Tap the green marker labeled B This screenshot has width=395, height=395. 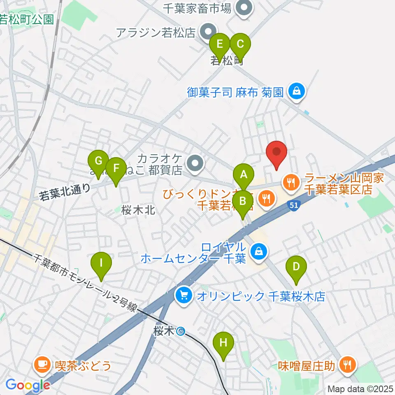click(x=243, y=201)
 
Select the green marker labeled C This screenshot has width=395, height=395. click(x=240, y=43)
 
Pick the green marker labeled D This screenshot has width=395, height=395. click(x=296, y=266)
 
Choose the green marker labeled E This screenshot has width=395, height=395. click(x=220, y=43)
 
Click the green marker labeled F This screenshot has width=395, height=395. click(x=116, y=168)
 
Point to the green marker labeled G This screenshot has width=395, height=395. click(x=98, y=160)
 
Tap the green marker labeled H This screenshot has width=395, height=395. click(x=223, y=342)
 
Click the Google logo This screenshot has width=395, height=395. click(x=28, y=385)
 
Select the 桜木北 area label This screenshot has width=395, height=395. click(x=138, y=210)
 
